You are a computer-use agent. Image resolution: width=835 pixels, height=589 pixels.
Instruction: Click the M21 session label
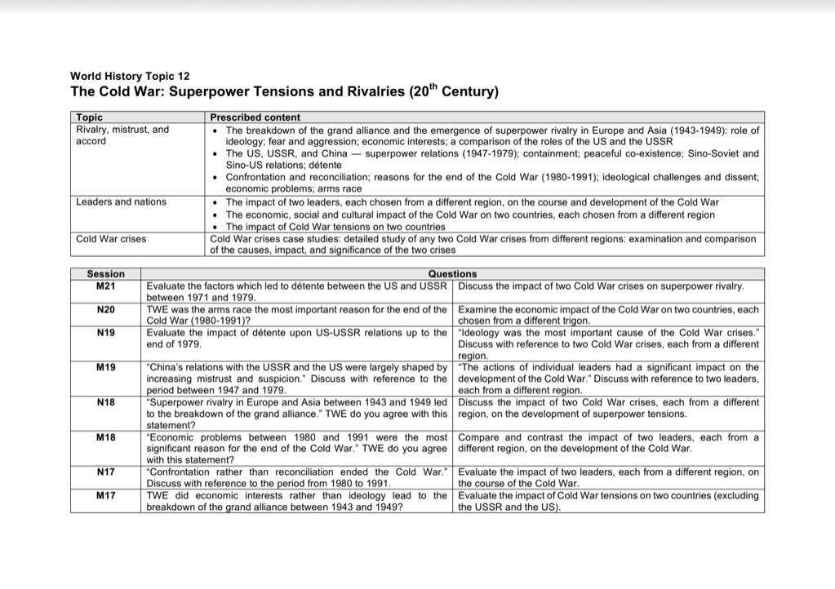click(105, 286)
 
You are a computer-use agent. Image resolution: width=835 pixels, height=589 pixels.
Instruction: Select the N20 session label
click(105, 310)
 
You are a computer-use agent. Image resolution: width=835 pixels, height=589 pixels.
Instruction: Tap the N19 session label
click(105, 333)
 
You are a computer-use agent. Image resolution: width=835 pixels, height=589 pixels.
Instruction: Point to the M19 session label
click(105, 368)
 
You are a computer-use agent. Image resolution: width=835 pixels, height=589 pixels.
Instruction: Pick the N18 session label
click(105, 402)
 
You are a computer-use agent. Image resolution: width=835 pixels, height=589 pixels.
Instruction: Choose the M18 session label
click(105, 437)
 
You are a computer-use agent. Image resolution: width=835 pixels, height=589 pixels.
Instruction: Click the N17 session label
click(105, 472)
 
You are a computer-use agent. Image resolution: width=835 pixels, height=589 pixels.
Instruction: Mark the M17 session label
click(105, 495)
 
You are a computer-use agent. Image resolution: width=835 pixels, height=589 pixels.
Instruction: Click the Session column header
click(105, 274)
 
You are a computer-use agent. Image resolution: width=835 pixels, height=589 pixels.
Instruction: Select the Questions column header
click(452, 274)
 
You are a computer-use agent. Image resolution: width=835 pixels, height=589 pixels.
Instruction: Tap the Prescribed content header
click(255, 117)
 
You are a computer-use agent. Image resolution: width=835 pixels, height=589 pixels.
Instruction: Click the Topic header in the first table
click(89, 117)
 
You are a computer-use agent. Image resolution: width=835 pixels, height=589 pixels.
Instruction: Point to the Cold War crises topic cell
click(111, 239)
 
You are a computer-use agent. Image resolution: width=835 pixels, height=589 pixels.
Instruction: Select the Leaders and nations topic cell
click(121, 201)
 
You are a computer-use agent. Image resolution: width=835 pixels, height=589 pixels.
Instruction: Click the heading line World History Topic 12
click(130, 76)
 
